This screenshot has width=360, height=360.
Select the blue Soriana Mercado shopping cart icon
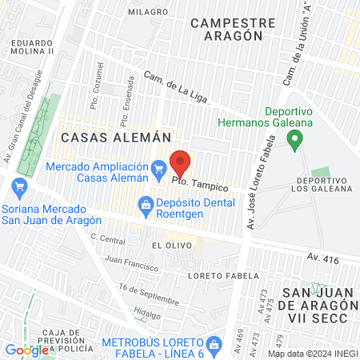19,190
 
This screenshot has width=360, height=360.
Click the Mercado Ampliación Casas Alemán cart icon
158,167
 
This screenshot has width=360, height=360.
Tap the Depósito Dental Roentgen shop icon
146,204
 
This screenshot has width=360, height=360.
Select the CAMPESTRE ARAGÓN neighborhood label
227,30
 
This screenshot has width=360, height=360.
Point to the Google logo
26,350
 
